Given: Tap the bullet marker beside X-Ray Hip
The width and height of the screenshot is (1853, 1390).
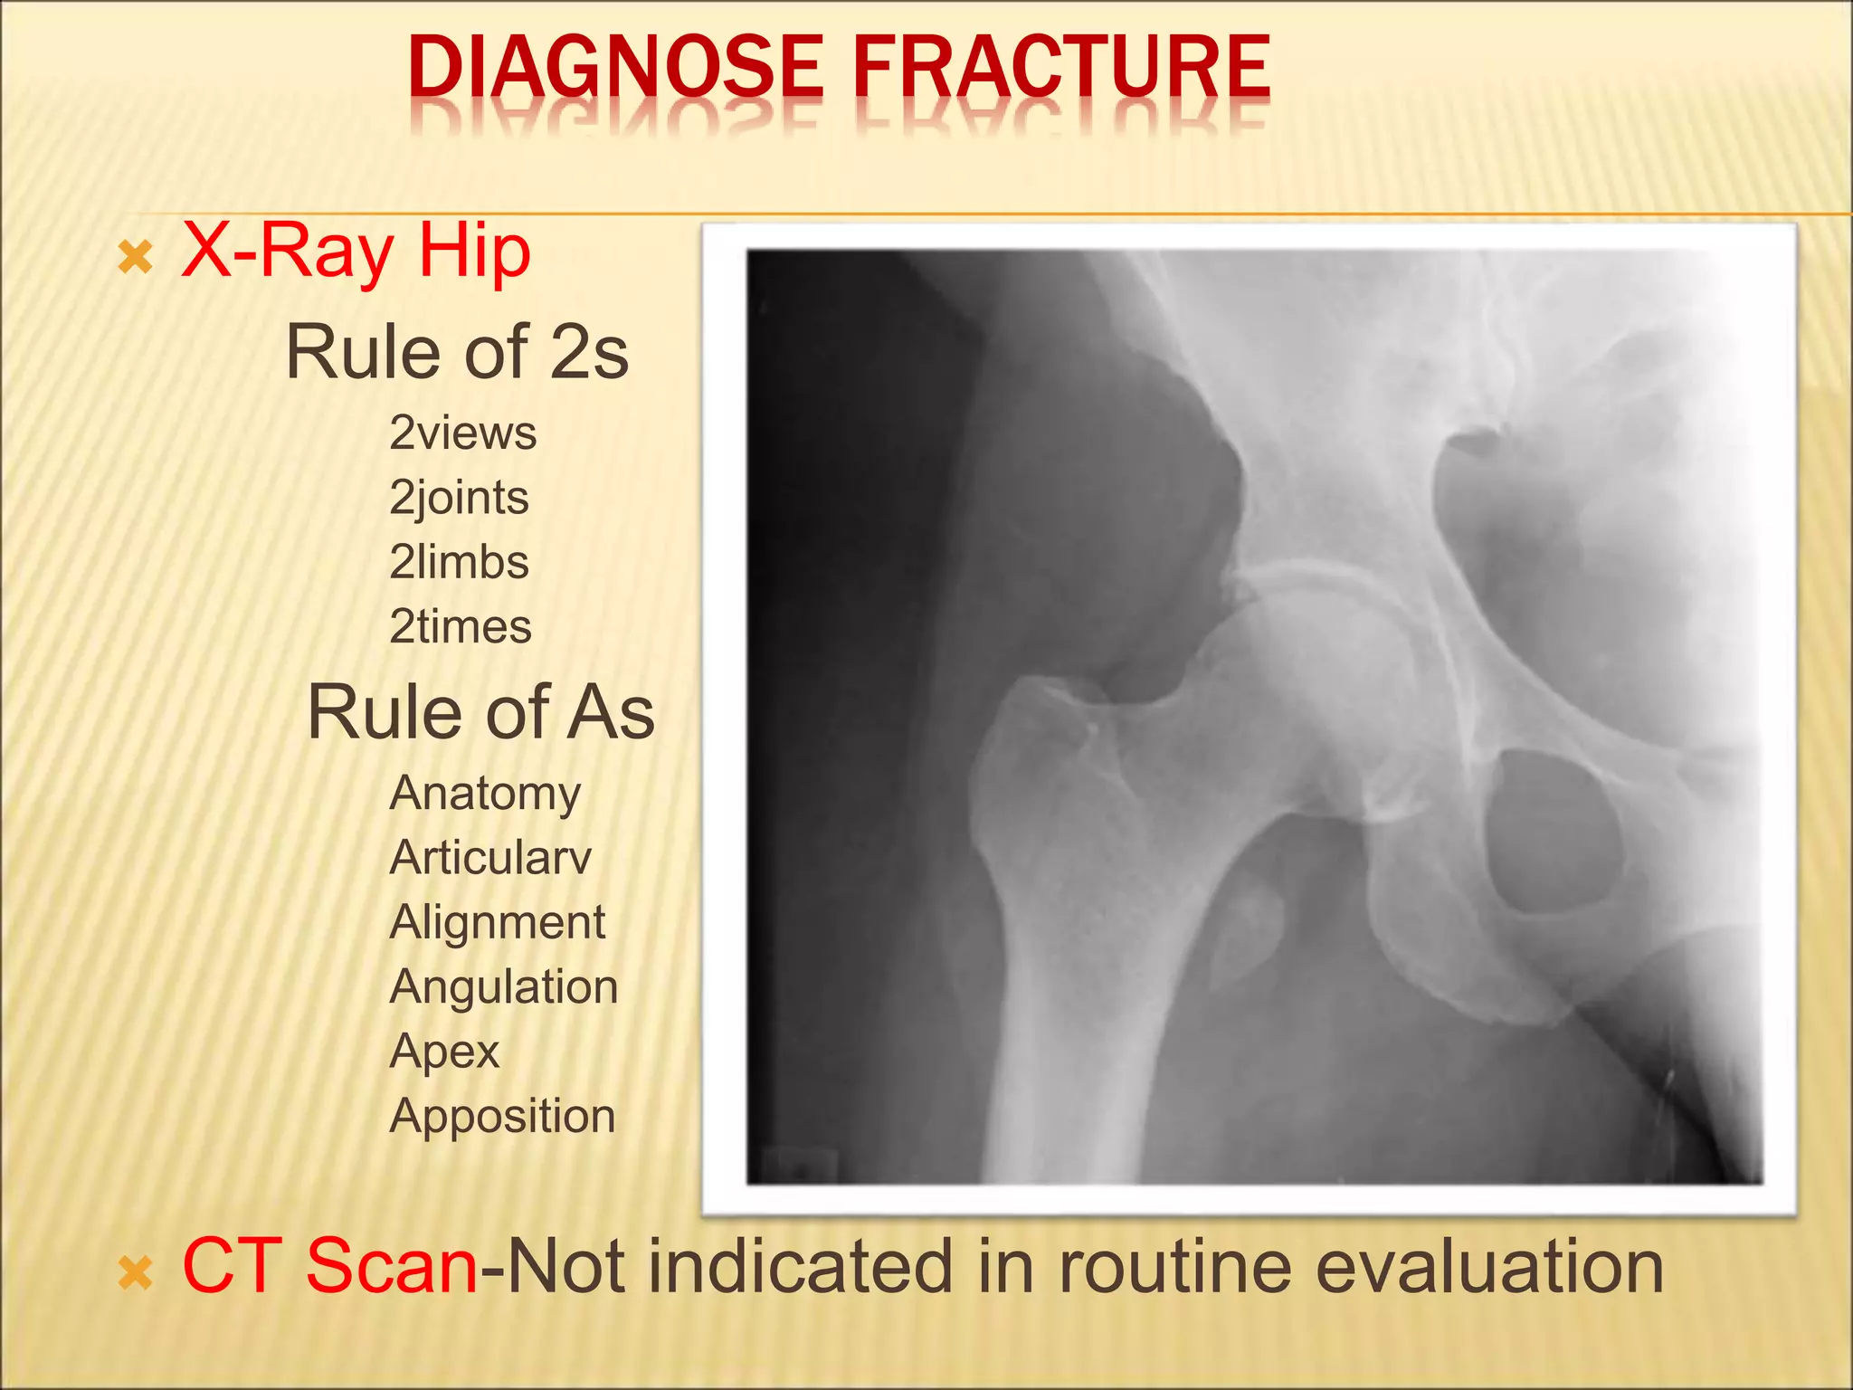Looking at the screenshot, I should (136, 260).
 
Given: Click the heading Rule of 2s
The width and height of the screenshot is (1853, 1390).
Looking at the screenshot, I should (457, 352).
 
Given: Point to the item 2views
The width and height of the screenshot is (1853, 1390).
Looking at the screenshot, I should (462, 433).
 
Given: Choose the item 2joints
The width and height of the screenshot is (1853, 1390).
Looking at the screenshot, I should (459, 498).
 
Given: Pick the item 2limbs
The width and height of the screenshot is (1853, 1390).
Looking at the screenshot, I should (459, 562).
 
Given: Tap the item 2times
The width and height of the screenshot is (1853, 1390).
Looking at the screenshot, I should (461, 626).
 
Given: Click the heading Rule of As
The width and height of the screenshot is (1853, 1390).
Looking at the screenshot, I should (480, 712).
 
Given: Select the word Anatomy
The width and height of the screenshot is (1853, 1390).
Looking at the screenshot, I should (485, 794).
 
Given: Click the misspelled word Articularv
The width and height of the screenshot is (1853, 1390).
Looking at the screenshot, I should (490, 857).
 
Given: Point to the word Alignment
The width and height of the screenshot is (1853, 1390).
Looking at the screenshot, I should (497, 922).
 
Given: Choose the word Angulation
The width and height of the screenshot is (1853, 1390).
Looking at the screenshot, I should (503, 986).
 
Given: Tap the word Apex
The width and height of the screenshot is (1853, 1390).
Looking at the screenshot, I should (444, 1052).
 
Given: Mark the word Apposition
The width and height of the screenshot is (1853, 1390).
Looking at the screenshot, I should (502, 1116).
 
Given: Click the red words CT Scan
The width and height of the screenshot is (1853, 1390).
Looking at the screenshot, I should (329, 1266).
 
